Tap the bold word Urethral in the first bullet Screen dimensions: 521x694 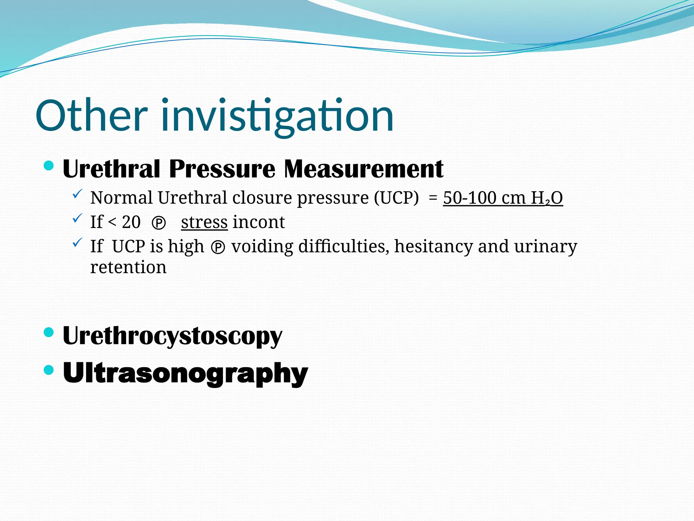pos(111,169)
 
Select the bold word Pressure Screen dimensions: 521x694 pos(222,169)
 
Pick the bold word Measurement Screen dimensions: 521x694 pos(364,169)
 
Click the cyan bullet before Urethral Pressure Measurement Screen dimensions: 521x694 pos(49,166)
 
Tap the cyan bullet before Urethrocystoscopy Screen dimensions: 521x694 pos(49,332)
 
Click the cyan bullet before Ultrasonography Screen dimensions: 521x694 pos(49,369)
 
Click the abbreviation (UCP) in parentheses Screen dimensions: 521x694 pos(396,198)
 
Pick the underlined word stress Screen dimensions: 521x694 pos(204,223)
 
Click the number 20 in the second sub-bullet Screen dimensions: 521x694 pos(131,223)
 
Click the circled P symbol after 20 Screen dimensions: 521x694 pos(159,224)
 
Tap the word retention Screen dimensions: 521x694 pos(128,268)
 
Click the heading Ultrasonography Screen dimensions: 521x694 pos(185,373)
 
